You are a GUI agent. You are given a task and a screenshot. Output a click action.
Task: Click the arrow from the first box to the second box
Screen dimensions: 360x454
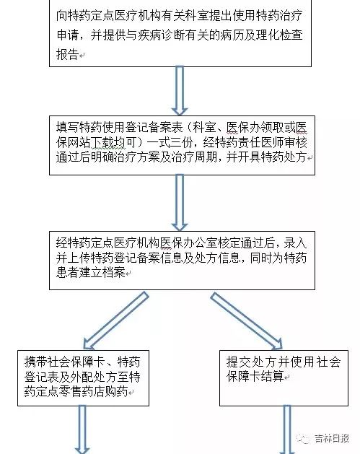click(180, 91)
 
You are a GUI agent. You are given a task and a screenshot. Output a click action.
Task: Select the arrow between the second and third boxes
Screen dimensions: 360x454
click(180, 202)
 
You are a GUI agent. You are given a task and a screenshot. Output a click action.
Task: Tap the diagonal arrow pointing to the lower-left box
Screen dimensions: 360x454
click(115, 320)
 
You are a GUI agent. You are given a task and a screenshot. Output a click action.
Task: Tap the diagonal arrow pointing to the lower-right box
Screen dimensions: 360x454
click(246, 320)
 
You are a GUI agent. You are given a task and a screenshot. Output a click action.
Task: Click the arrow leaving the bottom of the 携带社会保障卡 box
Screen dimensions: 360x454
click(82, 429)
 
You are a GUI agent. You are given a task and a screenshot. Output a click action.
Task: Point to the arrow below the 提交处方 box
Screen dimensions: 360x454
click(287, 429)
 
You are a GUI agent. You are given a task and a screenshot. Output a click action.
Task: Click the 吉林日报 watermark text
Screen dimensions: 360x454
click(332, 438)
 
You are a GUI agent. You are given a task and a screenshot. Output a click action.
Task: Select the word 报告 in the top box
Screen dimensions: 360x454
click(68, 54)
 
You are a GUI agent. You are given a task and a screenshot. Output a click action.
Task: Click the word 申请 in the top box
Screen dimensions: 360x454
click(68, 35)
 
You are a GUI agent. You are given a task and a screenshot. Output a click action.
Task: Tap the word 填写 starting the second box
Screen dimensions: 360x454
click(68, 127)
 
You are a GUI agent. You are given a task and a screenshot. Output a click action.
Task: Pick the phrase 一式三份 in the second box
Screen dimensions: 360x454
click(170, 142)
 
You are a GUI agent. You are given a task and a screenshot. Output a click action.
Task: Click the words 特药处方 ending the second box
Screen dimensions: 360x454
click(284, 157)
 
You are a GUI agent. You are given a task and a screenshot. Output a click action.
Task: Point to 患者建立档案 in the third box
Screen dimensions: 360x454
click(91, 272)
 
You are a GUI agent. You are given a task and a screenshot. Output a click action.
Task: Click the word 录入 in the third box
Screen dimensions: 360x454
click(295, 243)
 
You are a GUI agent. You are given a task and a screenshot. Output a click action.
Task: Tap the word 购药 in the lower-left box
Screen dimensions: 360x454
click(116, 391)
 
